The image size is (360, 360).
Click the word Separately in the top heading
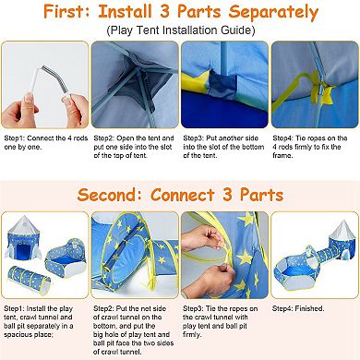273,12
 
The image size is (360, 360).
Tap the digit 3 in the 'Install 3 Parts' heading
164,11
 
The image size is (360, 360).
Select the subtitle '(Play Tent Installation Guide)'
181,30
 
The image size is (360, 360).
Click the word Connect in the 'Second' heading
183,195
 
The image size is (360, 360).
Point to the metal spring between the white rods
56,79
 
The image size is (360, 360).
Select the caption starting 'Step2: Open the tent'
134,147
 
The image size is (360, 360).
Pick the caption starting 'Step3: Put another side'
223,147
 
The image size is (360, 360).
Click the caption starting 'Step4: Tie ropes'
310,147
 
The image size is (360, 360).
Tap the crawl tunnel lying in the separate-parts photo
29,279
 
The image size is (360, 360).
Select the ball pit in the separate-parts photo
66,257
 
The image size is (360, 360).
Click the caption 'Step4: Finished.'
298,308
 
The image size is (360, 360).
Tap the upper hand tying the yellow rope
201,239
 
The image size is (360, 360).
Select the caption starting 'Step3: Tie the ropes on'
221,321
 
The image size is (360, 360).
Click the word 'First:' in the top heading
67,11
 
